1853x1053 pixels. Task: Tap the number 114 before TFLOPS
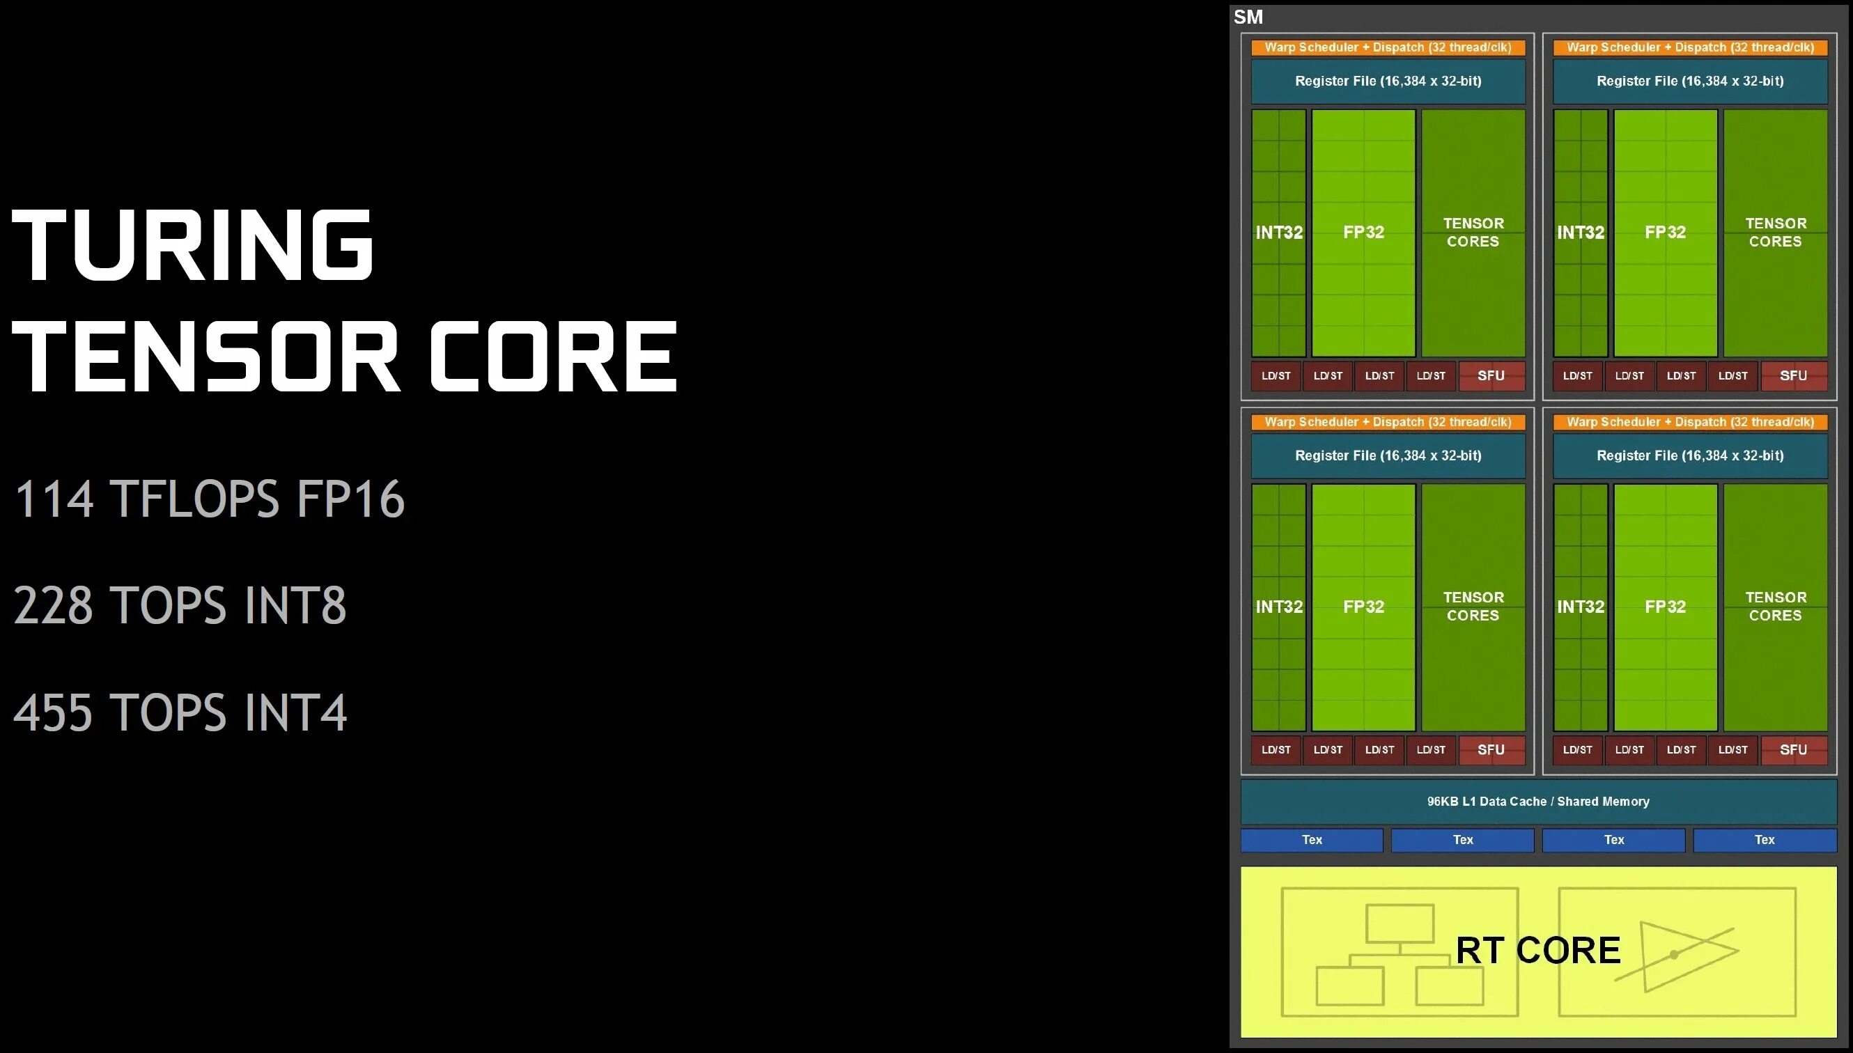click(x=54, y=499)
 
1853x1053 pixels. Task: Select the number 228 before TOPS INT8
click(x=54, y=605)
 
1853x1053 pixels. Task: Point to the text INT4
click(x=296, y=713)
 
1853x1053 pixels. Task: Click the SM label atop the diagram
click(x=1248, y=17)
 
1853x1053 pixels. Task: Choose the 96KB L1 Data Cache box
click(x=1538, y=802)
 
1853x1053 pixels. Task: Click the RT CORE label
click(x=1537, y=951)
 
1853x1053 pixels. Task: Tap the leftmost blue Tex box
click(x=1312, y=840)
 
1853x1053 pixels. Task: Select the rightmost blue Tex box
click(x=1765, y=840)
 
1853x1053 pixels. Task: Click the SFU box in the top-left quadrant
click(x=1491, y=376)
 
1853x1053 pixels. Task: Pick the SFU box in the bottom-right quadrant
click(x=1794, y=750)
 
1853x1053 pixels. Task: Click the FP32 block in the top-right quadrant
click(x=1666, y=233)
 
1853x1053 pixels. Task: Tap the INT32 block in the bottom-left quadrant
click(x=1279, y=607)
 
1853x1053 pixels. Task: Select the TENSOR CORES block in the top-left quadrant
click(x=1473, y=233)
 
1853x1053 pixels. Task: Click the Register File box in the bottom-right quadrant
click(x=1690, y=455)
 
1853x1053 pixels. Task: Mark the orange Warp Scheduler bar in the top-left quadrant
click(x=1388, y=48)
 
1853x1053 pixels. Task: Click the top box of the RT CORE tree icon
click(x=1400, y=923)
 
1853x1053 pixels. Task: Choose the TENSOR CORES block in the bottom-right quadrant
click(x=1776, y=607)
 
